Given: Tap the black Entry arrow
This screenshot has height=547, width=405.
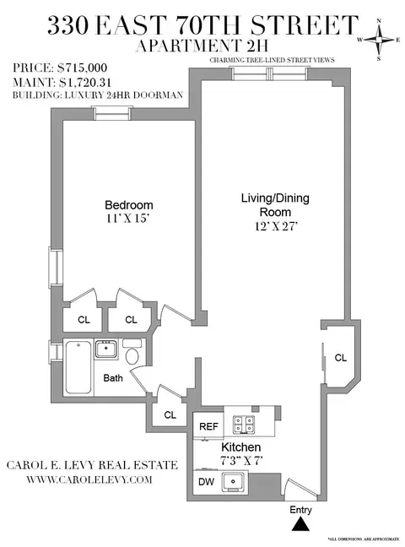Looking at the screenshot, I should coord(300,525).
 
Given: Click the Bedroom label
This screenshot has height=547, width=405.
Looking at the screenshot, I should coord(128,205).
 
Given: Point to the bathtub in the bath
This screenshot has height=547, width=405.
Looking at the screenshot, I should coord(82,366).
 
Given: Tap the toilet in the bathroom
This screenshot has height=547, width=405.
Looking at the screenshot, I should coord(132,348).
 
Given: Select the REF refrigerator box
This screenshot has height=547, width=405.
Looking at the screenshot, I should coord(208,427).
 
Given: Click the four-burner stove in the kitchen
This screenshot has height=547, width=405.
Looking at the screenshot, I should coord(245,425).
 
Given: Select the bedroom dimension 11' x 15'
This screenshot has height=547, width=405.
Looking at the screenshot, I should coord(128,219).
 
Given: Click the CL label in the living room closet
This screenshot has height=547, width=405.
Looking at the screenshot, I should coord(340,358).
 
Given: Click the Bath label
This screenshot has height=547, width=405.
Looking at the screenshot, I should coord(113,378).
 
